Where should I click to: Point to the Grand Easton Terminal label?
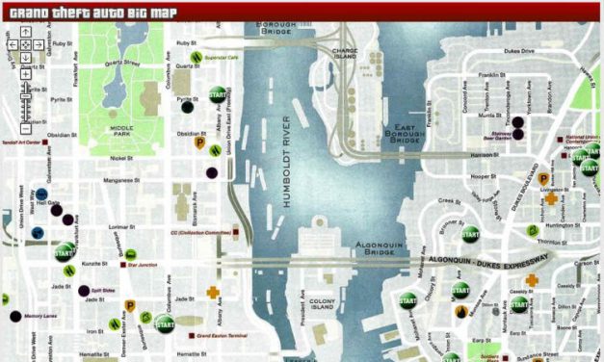coord(223,336)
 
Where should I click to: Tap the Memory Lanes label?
coord(40,316)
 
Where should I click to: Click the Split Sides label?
coord(105,290)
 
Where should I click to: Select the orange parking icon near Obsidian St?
coord(201,143)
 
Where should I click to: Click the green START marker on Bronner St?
coord(470,233)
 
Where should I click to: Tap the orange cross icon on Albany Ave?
coord(213,292)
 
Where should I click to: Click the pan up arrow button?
coord(25,32)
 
